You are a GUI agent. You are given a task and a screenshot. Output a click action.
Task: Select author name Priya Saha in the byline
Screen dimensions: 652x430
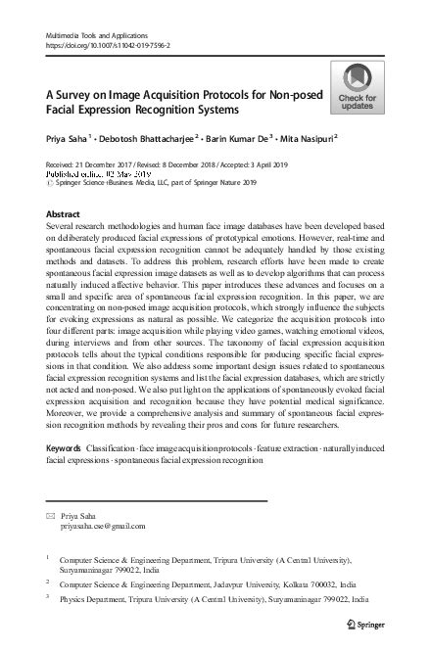69,138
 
